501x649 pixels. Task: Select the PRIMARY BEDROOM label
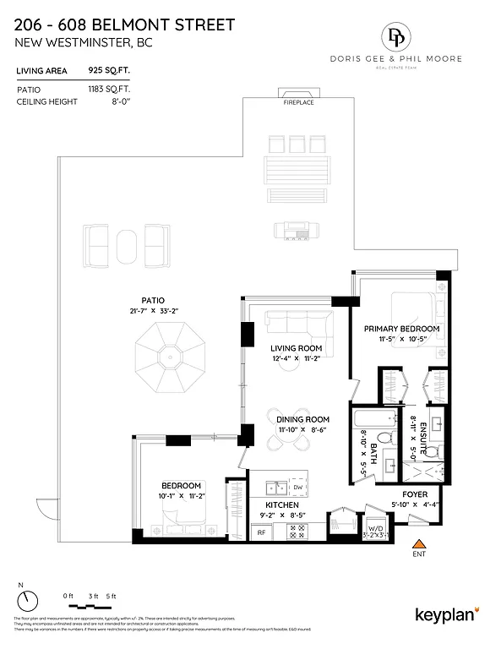pyautogui.click(x=401, y=329)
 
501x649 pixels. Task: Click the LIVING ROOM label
pyautogui.click(x=296, y=348)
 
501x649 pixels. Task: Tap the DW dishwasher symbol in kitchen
pyautogui.click(x=297, y=488)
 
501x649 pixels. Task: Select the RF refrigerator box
pyautogui.click(x=260, y=533)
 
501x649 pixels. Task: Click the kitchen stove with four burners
pyautogui.click(x=297, y=532)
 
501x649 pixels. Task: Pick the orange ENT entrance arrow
pyautogui.click(x=416, y=543)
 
